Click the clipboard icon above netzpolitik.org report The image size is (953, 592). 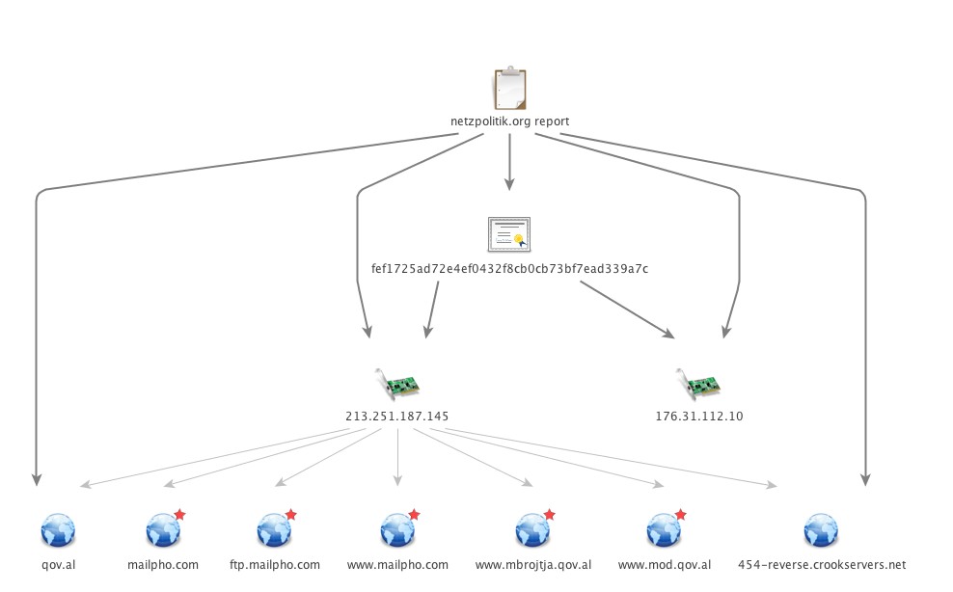[x=509, y=90]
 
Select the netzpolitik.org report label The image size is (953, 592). [x=509, y=121]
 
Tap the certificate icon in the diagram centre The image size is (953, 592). [x=509, y=234]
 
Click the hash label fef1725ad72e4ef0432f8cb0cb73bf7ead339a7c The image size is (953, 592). [x=509, y=268]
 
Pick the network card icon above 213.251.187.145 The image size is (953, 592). [x=396, y=383]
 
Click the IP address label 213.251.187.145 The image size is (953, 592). [x=396, y=417]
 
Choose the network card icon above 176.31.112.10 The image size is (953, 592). [x=698, y=383]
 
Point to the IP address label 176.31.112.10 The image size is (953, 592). [x=698, y=417]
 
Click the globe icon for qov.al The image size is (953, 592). [x=58, y=530]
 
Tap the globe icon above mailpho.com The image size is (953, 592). [x=161, y=530]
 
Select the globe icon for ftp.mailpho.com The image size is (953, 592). [x=274, y=530]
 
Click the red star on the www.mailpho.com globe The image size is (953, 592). [x=414, y=515]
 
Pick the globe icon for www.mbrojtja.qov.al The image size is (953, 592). [x=532, y=530]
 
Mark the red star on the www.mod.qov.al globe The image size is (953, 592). [x=680, y=515]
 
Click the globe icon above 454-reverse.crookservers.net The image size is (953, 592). [x=821, y=530]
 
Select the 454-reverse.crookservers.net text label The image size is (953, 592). [x=821, y=565]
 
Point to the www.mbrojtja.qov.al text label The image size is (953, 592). [x=533, y=565]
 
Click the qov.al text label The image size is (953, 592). [x=58, y=565]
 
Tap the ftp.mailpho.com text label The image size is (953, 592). [x=275, y=565]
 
